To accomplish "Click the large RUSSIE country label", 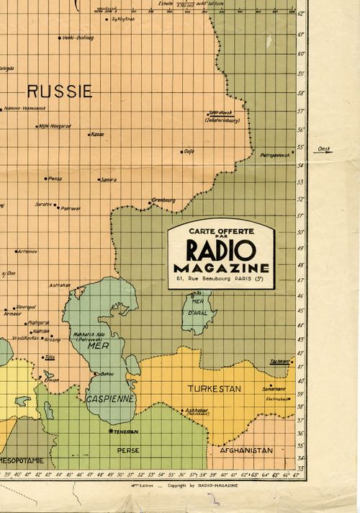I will coord(60,92).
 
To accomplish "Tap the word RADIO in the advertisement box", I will coord(220,251).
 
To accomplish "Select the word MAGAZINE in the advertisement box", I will coord(220,268).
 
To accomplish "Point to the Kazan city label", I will coord(97,134).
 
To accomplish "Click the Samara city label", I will coord(109,179).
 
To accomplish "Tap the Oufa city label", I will coord(189,151).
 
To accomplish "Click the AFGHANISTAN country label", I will coord(246,450).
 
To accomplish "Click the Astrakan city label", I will coord(60,285).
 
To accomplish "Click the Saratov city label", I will coord(44,204).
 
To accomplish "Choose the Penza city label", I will coord(53,178).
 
